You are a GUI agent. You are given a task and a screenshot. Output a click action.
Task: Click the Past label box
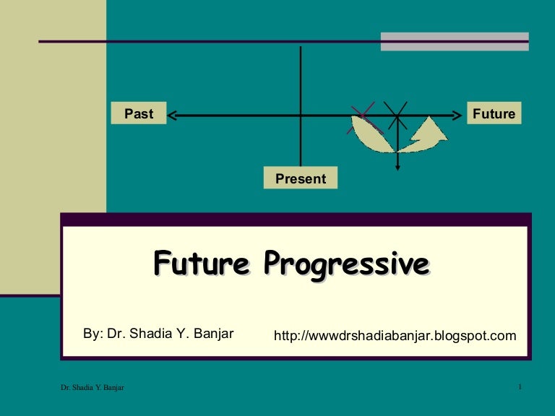tap(139, 113)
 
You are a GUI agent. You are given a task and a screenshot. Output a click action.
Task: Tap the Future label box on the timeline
tap(494, 113)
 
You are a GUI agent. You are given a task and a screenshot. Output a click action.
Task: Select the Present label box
tap(301, 178)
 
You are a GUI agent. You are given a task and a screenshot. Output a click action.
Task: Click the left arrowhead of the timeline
tap(172, 114)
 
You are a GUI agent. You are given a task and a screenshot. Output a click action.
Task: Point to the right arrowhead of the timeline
tap(457, 114)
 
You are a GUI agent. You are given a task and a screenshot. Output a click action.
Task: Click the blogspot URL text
tap(395, 336)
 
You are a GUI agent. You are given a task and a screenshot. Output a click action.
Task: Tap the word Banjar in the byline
tap(214, 334)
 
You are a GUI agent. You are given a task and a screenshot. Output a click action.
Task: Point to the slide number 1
tap(520, 389)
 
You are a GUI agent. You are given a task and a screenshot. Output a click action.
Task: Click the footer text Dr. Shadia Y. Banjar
tap(92, 389)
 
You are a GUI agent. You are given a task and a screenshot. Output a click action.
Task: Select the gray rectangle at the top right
tap(455, 41)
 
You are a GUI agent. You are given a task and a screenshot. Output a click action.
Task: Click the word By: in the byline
tap(93, 334)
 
